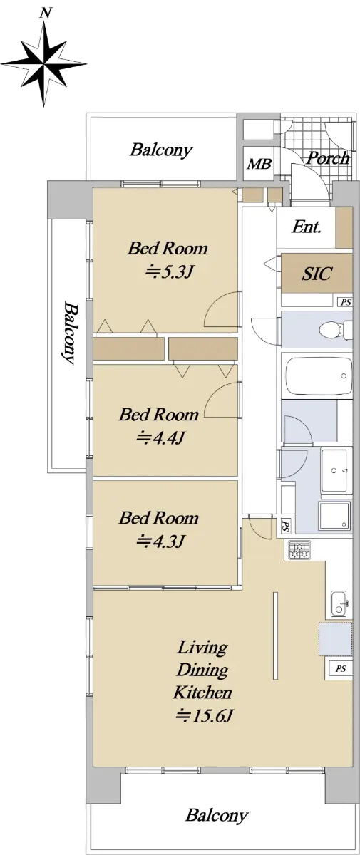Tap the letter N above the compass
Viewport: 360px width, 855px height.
pos(46,14)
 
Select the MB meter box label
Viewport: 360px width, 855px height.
pos(259,164)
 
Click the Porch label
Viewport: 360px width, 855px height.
pos(329,157)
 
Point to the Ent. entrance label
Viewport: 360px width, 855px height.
pos(306,227)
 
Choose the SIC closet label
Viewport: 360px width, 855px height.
pos(317,274)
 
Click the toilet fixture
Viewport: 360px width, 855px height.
pos(336,330)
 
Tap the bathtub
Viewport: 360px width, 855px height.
pos(319,376)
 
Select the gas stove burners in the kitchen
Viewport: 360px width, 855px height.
pos(299,550)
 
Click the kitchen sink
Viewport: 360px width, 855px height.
pos(339,603)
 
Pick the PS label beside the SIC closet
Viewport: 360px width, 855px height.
pos(346,302)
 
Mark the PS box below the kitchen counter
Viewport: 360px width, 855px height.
pos(341,669)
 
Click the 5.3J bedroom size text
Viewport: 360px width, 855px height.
pos(168,271)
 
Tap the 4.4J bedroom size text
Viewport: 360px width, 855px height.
pos(160,437)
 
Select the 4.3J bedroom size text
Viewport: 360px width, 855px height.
pos(160,541)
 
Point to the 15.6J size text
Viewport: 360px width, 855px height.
pos(203,715)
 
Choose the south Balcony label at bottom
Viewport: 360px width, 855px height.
pos(217,815)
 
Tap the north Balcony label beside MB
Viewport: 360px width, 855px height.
pos(160,150)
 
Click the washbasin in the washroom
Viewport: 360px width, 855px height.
pos(336,471)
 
